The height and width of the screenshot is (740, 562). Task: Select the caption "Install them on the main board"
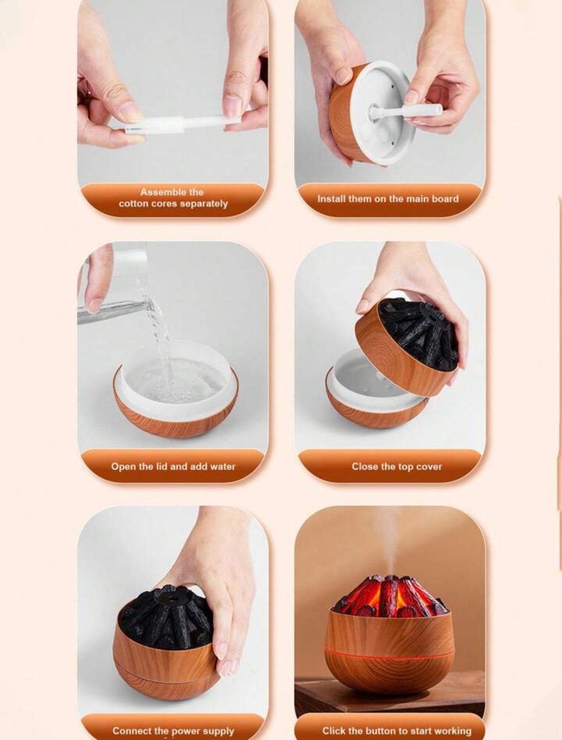(388, 199)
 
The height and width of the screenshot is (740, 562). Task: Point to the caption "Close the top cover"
(397, 466)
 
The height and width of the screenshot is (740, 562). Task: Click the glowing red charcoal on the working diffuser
(391, 596)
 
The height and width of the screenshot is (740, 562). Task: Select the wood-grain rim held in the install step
(341, 114)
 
